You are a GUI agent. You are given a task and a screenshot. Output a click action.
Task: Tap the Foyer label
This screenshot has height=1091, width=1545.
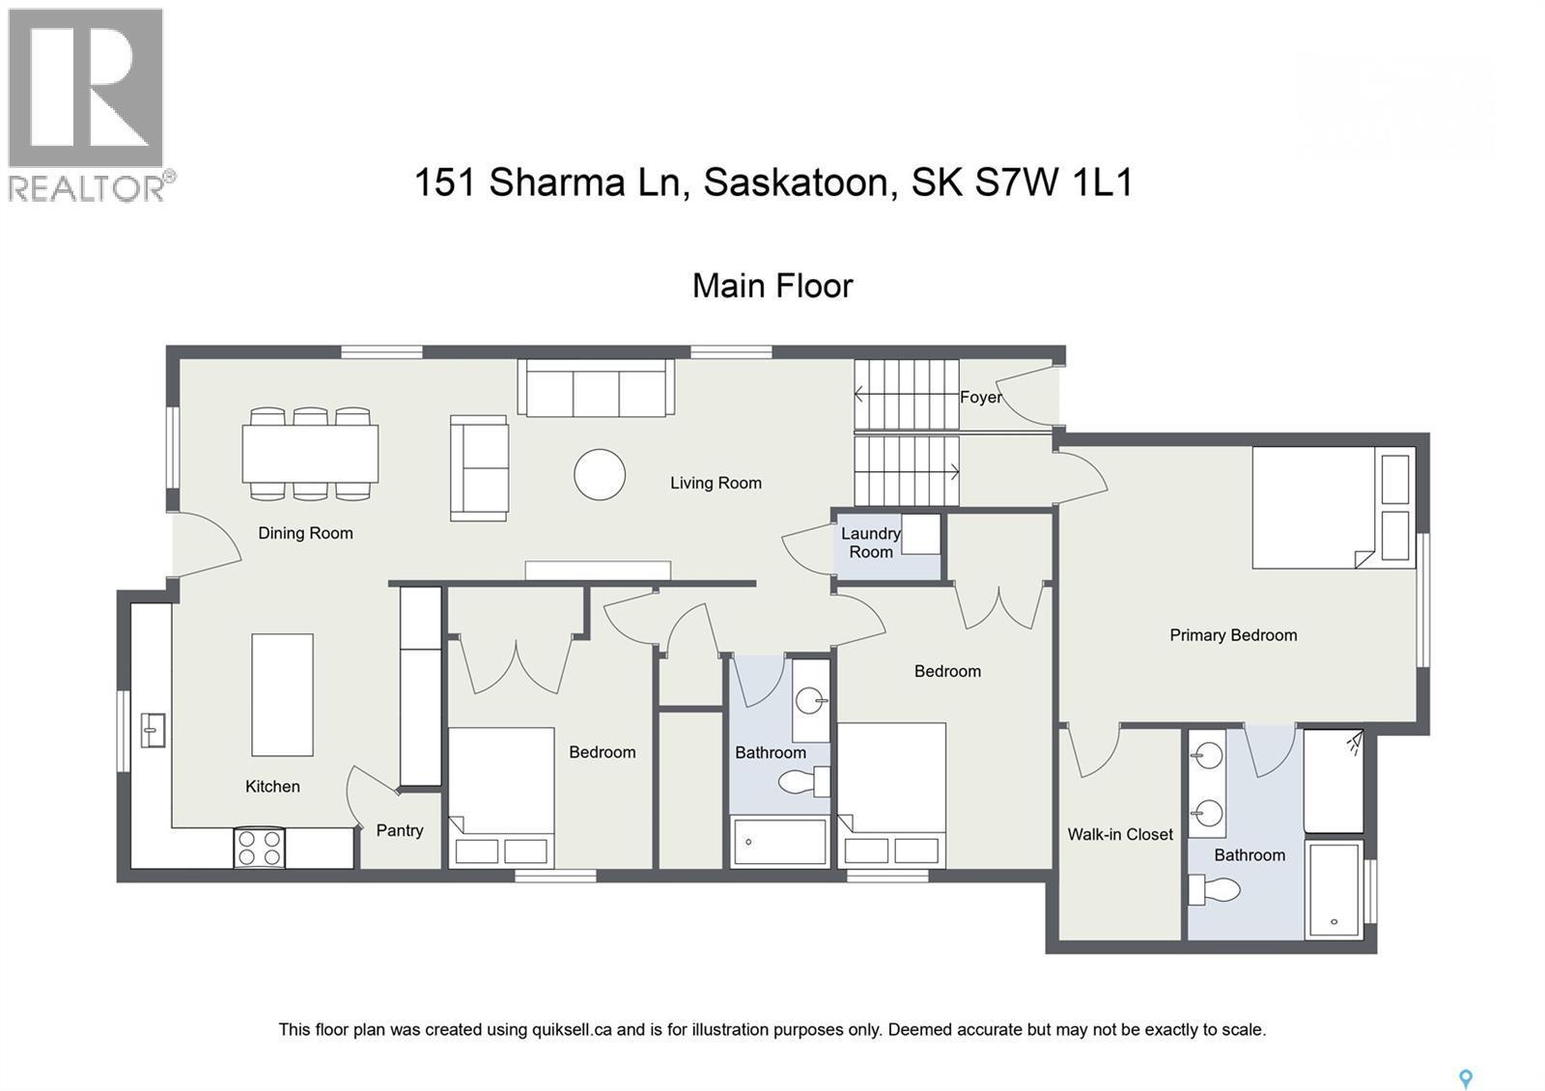click(x=980, y=397)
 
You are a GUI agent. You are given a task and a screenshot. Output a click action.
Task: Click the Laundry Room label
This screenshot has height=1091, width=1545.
click(x=870, y=543)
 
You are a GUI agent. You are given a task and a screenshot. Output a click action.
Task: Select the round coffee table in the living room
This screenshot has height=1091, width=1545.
click(x=600, y=474)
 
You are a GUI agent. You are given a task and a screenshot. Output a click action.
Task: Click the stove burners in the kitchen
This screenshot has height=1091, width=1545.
click(x=260, y=848)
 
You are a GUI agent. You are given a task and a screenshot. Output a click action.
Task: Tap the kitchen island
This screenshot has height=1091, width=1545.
click(x=282, y=694)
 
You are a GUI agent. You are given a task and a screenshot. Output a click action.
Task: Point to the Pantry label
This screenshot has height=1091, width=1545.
click(x=400, y=830)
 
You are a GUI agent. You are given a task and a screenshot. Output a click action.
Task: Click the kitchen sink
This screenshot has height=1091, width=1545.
click(x=153, y=730)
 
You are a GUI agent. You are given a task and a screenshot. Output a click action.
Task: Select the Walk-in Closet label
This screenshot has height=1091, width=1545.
click(x=1120, y=834)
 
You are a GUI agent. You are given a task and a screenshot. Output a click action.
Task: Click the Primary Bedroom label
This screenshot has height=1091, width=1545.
click(x=1233, y=635)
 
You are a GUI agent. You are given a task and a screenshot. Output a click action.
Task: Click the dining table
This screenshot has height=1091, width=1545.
click(x=310, y=454)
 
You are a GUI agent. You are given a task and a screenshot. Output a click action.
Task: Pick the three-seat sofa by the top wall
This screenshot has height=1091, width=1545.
click(x=596, y=388)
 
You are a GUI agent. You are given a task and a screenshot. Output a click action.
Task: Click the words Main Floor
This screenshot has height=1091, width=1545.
click(x=772, y=286)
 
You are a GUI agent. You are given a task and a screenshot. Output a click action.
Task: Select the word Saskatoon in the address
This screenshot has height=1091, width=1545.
click(x=796, y=182)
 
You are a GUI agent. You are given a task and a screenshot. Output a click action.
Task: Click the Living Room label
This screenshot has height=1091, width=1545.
click(x=716, y=483)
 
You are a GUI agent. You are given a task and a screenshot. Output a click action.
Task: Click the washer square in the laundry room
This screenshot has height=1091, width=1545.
click(x=921, y=534)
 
